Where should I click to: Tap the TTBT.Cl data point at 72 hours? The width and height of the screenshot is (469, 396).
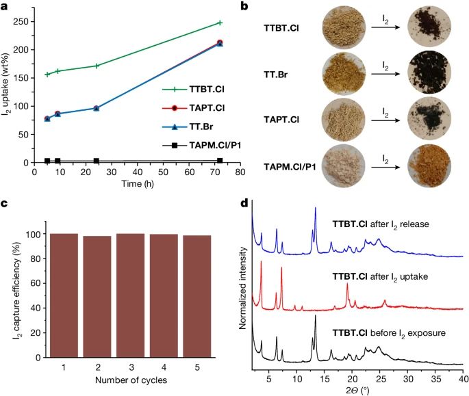(x=220, y=23)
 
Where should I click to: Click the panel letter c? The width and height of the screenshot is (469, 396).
(x=5, y=203)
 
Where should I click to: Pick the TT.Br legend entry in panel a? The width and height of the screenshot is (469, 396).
(x=198, y=127)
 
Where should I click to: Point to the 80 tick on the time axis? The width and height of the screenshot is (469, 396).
(x=239, y=172)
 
